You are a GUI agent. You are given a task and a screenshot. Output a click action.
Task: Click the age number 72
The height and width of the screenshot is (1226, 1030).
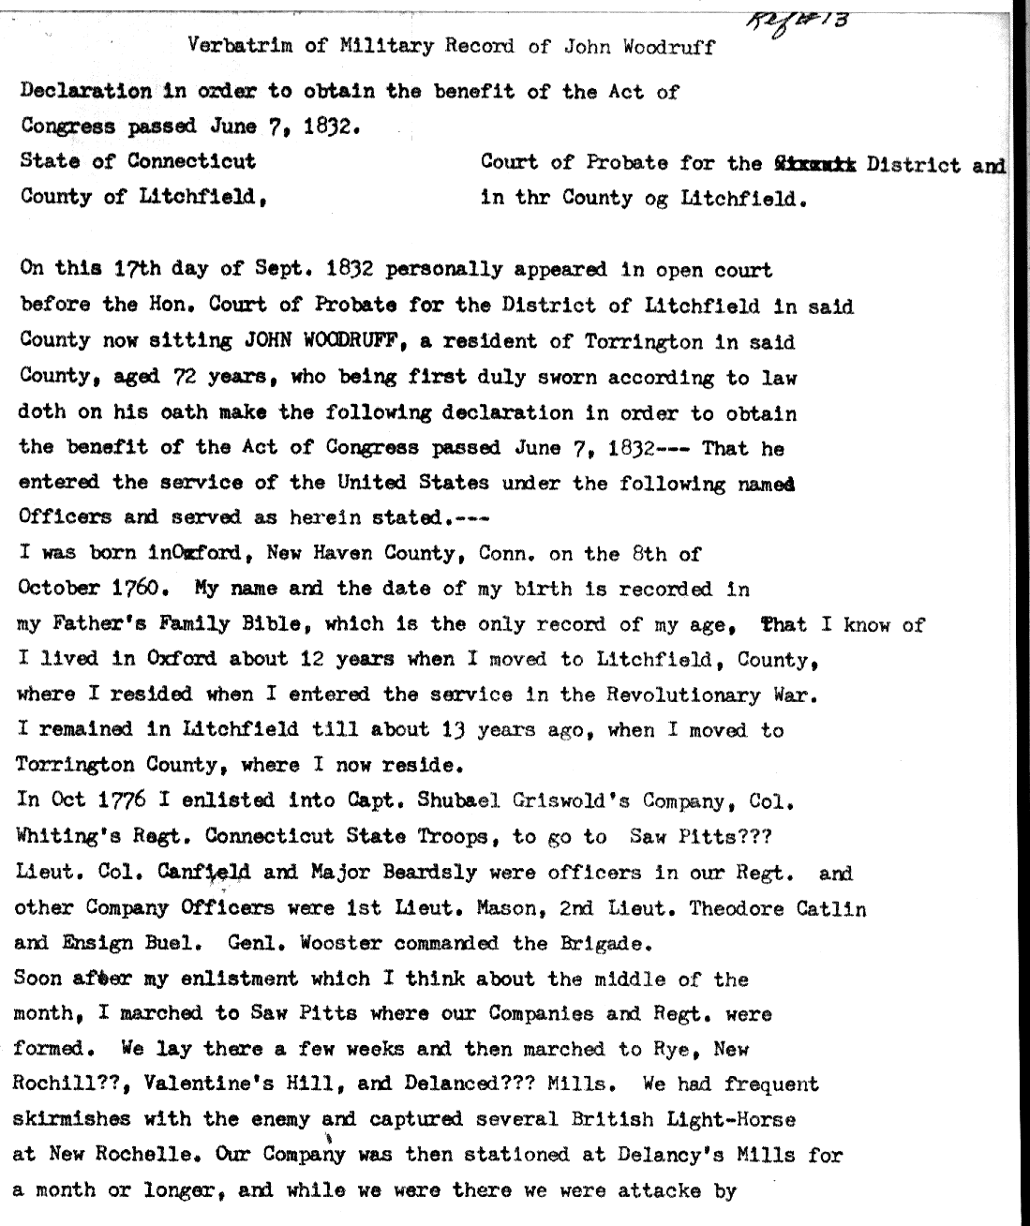(183, 377)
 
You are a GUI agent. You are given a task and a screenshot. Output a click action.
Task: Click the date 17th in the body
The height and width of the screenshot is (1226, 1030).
(137, 271)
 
